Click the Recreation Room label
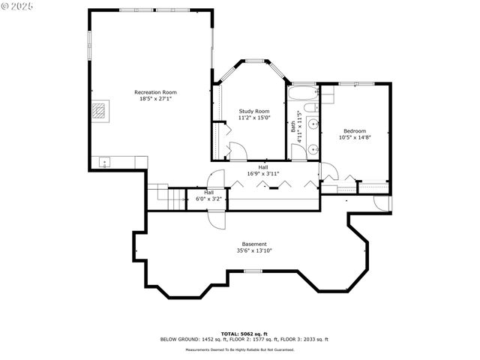pos(160,92)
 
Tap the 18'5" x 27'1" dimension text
pos(160,99)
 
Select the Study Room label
pos(253,111)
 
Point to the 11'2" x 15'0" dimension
pos(253,118)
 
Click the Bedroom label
pos(355,130)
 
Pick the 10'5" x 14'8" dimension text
pos(355,137)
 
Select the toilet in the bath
pos(312,150)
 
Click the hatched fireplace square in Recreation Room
pos(100,111)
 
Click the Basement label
pos(253,244)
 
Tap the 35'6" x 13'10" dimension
pos(253,250)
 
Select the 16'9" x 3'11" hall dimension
pos(263,174)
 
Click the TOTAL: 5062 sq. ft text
pos(244,333)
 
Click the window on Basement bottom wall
pos(253,271)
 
